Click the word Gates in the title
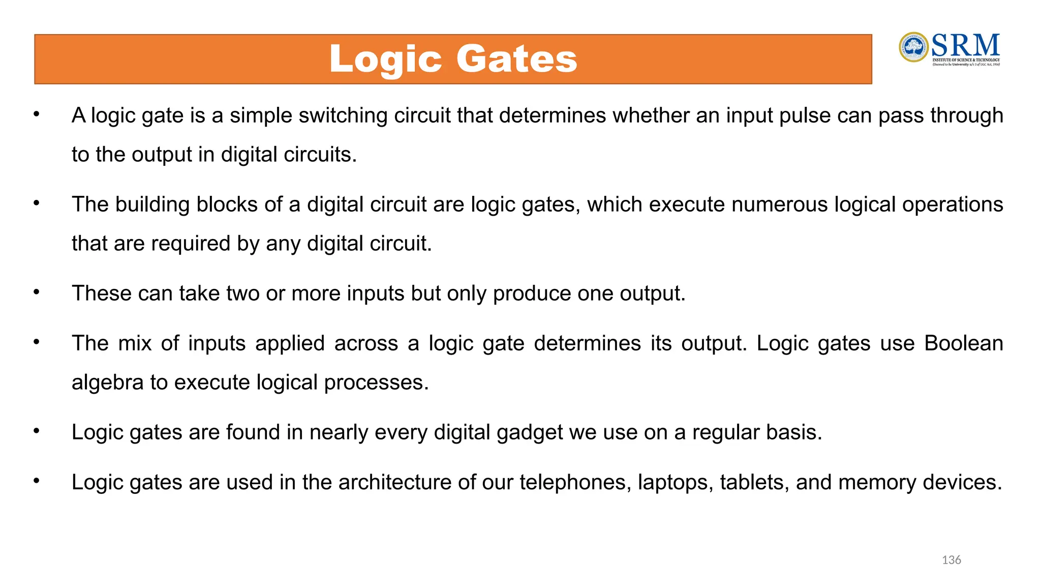[x=516, y=59]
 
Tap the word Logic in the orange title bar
[x=386, y=60]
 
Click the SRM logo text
[x=965, y=46]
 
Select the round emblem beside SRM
[x=913, y=47]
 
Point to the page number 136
[x=951, y=560]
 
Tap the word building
[x=152, y=204]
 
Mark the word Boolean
[x=963, y=343]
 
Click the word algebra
[x=107, y=383]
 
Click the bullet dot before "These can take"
[x=37, y=292]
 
